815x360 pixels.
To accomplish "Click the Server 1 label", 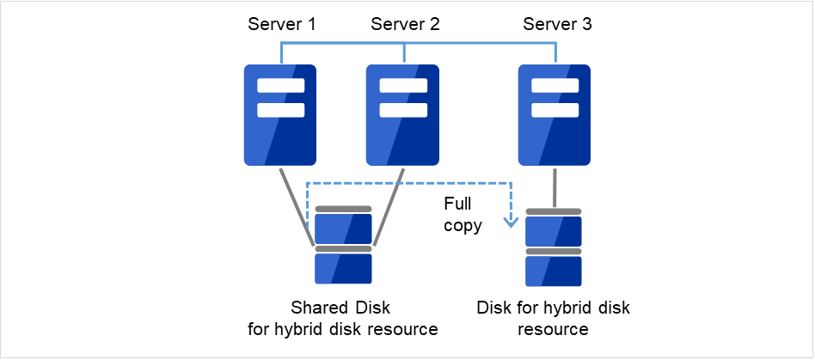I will point(282,24).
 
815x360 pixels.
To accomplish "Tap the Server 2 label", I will point(405,24).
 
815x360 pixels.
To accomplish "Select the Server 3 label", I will point(557,24).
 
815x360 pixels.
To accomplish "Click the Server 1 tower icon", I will point(281,115).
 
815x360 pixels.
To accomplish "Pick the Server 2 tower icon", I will point(403,115).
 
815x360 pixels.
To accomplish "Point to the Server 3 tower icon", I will point(555,115).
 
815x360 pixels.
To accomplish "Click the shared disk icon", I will point(343,246).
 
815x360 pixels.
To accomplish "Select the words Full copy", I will point(463,217).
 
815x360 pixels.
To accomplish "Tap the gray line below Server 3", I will point(555,186).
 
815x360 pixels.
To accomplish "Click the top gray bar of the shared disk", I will point(343,209).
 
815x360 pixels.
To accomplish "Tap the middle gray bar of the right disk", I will point(554,251).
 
